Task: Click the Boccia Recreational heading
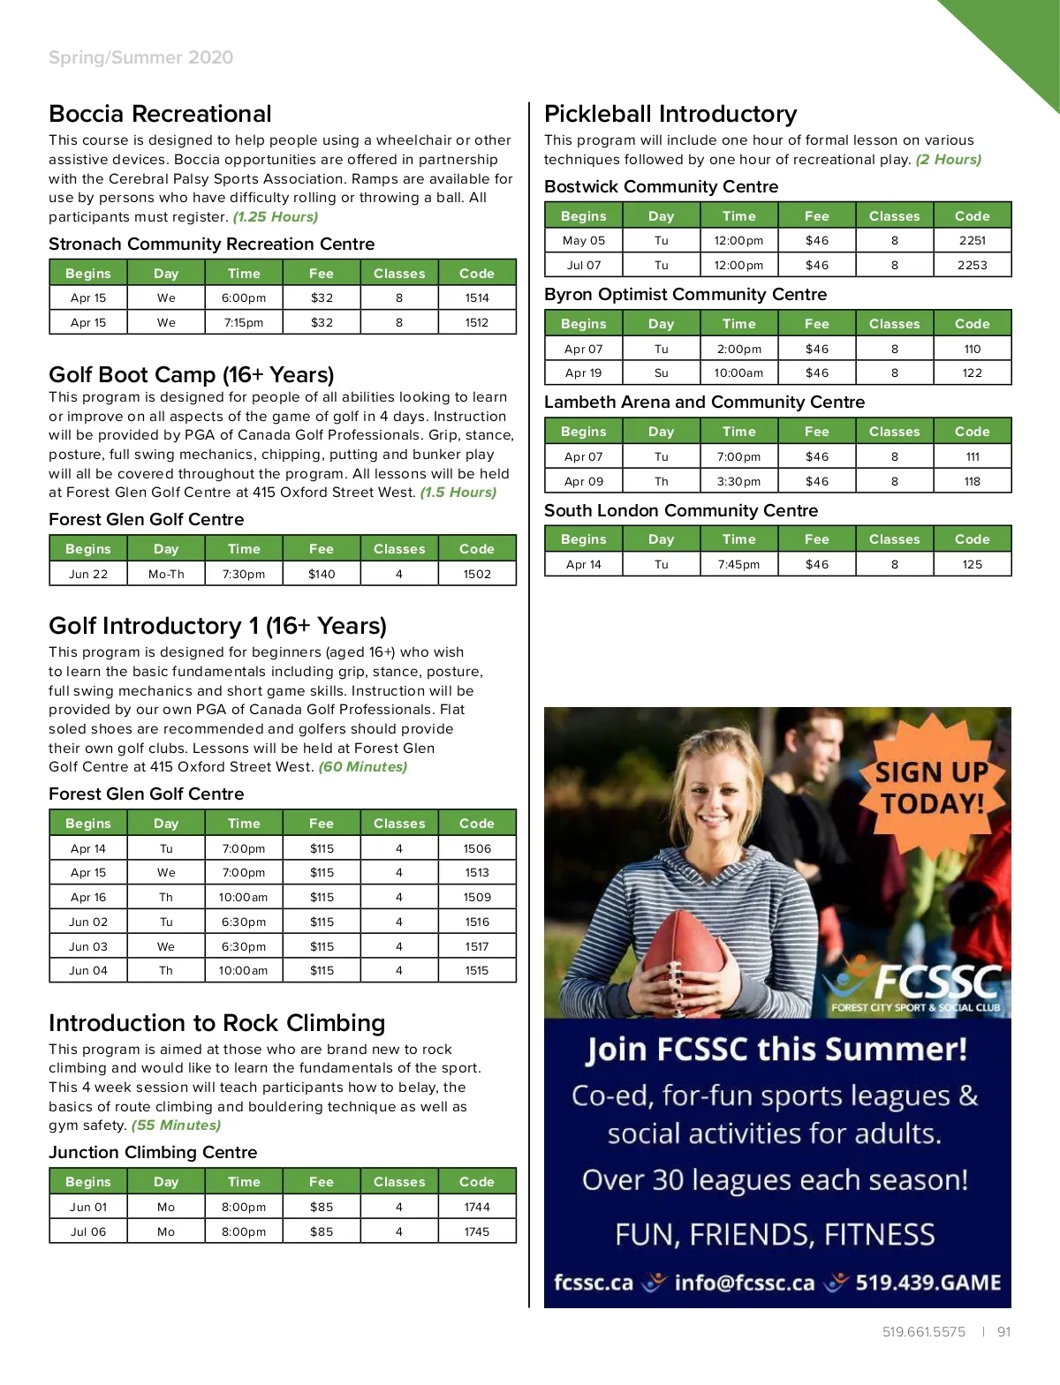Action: pos(160,114)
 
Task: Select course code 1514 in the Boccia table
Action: pos(477,298)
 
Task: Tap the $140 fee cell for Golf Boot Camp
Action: pos(322,574)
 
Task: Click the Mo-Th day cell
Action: pos(166,574)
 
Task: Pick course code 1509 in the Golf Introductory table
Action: pos(477,897)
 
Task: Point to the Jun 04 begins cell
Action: pos(88,970)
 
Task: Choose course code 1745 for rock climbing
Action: pos(477,1231)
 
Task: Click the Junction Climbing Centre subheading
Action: pos(153,1152)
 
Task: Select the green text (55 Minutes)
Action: pos(176,1125)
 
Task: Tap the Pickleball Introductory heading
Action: pos(670,114)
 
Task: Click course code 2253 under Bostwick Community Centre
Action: pos(972,265)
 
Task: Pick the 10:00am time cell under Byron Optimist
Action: pos(738,373)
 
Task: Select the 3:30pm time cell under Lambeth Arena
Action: pos(738,481)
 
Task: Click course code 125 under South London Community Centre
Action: pos(972,564)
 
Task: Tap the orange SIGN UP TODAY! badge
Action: pos(932,787)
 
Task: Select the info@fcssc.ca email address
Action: pos(744,1283)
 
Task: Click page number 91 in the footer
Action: pos(1003,1331)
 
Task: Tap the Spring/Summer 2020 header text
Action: pos(140,57)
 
